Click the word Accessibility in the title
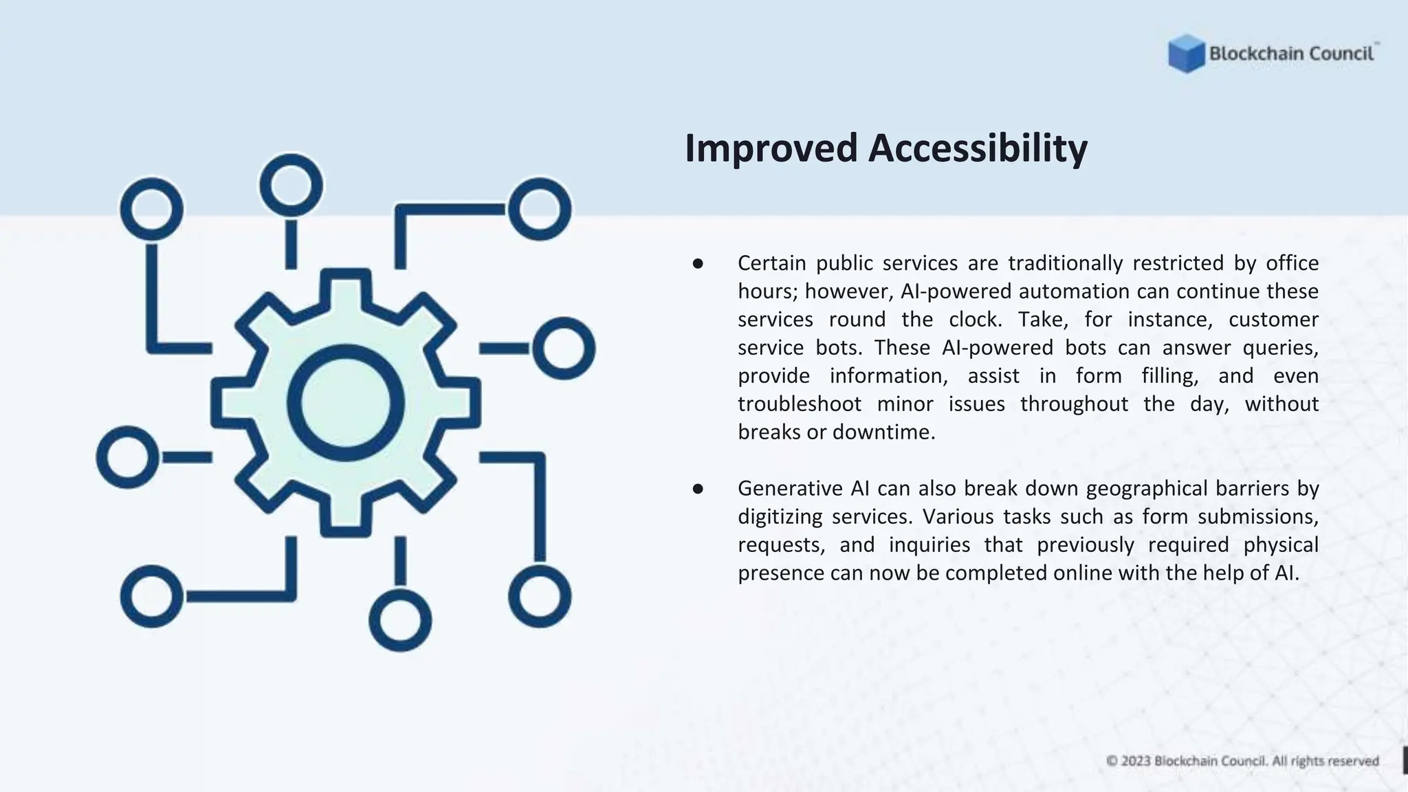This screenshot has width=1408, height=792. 978,149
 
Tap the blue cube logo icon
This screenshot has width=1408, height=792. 1186,54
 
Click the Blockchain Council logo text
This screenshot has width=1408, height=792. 1291,54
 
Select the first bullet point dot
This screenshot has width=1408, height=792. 698,263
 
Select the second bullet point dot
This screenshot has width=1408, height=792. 698,489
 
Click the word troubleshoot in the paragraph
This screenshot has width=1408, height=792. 799,404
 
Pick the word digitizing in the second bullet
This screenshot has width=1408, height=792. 780,517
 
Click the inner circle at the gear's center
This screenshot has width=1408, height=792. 345,402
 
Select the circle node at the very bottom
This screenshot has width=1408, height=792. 400,620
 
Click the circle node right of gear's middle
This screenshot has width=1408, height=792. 564,349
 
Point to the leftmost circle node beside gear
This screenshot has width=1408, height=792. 127,457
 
